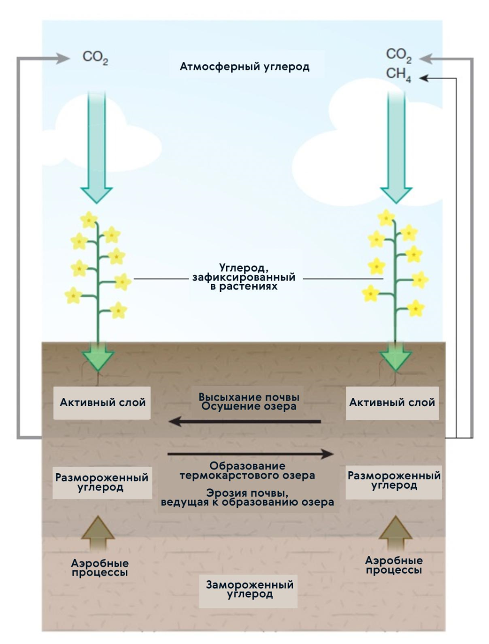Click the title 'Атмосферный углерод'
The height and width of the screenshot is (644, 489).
[244, 67]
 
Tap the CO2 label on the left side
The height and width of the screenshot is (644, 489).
[95, 57]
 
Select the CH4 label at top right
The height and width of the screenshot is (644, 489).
[398, 74]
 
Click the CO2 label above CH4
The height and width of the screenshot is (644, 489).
[398, 55]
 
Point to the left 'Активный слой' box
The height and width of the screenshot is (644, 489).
[102, 402]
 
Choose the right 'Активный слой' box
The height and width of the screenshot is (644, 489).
[392, 402]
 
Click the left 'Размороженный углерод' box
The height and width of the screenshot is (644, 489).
[102, 482]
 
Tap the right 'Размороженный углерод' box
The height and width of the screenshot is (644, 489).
[394, 480]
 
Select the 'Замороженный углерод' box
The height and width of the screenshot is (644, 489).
[249, 590]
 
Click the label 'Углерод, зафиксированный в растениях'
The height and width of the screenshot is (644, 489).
[244, 277]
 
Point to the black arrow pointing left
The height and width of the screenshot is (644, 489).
[244, 421]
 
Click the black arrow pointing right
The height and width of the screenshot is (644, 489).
[250, 454]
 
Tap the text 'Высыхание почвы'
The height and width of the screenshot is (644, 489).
[249, 397]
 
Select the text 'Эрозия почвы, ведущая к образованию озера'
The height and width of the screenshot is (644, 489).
[247, 498]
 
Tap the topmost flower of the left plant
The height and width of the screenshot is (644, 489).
[89, 219]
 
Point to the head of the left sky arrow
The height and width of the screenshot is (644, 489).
[96, 195]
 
